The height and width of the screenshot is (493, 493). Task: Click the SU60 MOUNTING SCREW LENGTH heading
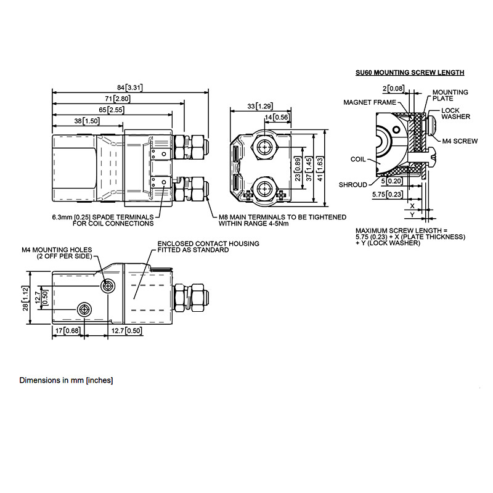point(410,73)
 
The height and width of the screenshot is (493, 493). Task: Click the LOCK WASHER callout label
point(455,113)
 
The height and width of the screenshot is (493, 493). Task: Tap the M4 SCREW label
point(460,141)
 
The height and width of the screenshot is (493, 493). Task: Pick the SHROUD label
point(352,184)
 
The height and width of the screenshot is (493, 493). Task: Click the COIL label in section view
point(358,159)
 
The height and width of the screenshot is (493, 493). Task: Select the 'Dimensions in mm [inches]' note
point(66,380)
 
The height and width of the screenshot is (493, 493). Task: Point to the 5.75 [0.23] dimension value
point(388,194)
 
